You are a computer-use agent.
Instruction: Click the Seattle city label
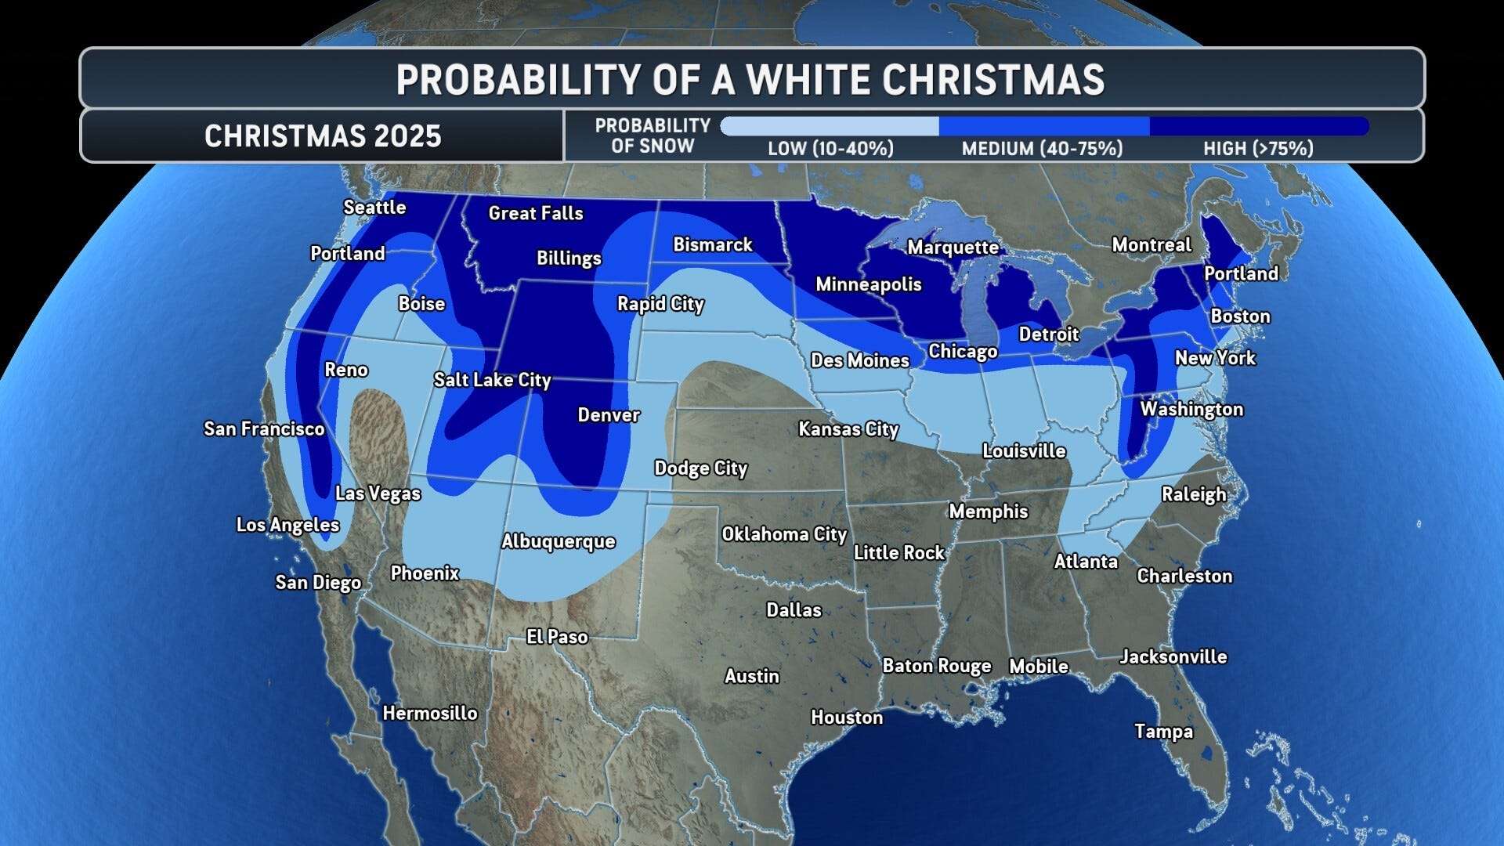[374, 208]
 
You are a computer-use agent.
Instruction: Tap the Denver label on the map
[609, 415]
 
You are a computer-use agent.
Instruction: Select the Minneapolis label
[868, 284]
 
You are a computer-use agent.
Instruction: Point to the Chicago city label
[963, 352]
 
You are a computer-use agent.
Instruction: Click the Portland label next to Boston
[1241, 273]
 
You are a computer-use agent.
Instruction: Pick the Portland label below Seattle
[348, 254]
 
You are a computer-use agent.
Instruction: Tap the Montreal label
[1151, 245]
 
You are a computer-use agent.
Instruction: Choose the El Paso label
[557, 637]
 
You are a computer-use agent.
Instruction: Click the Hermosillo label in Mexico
[429, 713]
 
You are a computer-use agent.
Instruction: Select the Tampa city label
[1163, 732]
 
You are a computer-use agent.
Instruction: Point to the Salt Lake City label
[492, 380]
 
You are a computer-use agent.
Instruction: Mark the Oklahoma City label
[784, 534]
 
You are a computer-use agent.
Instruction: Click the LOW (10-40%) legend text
[830, 149]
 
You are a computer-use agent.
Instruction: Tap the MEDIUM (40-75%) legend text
[1042, 149]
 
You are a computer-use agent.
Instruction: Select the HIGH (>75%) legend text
[1258, 149]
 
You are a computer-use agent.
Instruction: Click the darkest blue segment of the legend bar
[1258, 126]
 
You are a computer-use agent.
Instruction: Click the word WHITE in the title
[807, 80]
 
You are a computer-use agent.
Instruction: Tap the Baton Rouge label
[937, 666]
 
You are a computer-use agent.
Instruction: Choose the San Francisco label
[264, 429]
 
